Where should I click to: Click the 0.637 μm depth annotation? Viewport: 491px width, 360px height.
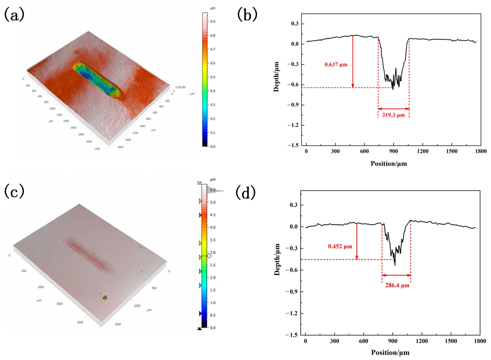click(x=336, y=65)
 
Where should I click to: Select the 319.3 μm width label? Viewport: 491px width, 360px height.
click(x=393, y=115)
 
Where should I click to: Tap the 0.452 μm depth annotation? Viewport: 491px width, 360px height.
click(x=340, y=246)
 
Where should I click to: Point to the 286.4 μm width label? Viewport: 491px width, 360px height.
click(x=397, y=286)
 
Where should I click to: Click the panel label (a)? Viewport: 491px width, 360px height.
click(x=14, y=15)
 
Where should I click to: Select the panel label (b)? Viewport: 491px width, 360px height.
click(x=247, y=15)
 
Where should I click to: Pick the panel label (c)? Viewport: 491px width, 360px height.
click(x=14, y=191)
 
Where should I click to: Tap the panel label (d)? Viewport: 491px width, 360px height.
click(x=246, y=193)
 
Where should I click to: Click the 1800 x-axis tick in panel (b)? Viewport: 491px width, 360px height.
click(x=480, y=151)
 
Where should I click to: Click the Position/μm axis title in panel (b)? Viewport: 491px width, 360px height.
click(x=389, y=164)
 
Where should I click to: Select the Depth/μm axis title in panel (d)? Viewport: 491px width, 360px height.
click(x=277, y=259)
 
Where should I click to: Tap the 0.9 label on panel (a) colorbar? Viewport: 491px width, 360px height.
click(x=213, y=22)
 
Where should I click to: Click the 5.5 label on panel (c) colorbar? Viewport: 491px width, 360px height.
click(x=213, y=190)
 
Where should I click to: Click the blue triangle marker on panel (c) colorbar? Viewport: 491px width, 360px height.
click(x=200, y=314)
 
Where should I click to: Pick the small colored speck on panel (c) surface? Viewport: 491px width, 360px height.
click(x=105, y=298)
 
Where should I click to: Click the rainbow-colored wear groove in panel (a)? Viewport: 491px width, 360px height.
click(x=97, y=79)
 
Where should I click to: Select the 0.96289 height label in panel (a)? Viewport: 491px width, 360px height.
click(x=180, y=87)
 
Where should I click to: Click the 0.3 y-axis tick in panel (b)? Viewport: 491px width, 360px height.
click(x=295, y=24)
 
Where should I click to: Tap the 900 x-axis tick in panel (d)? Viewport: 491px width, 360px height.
click(x=393, y=341)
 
